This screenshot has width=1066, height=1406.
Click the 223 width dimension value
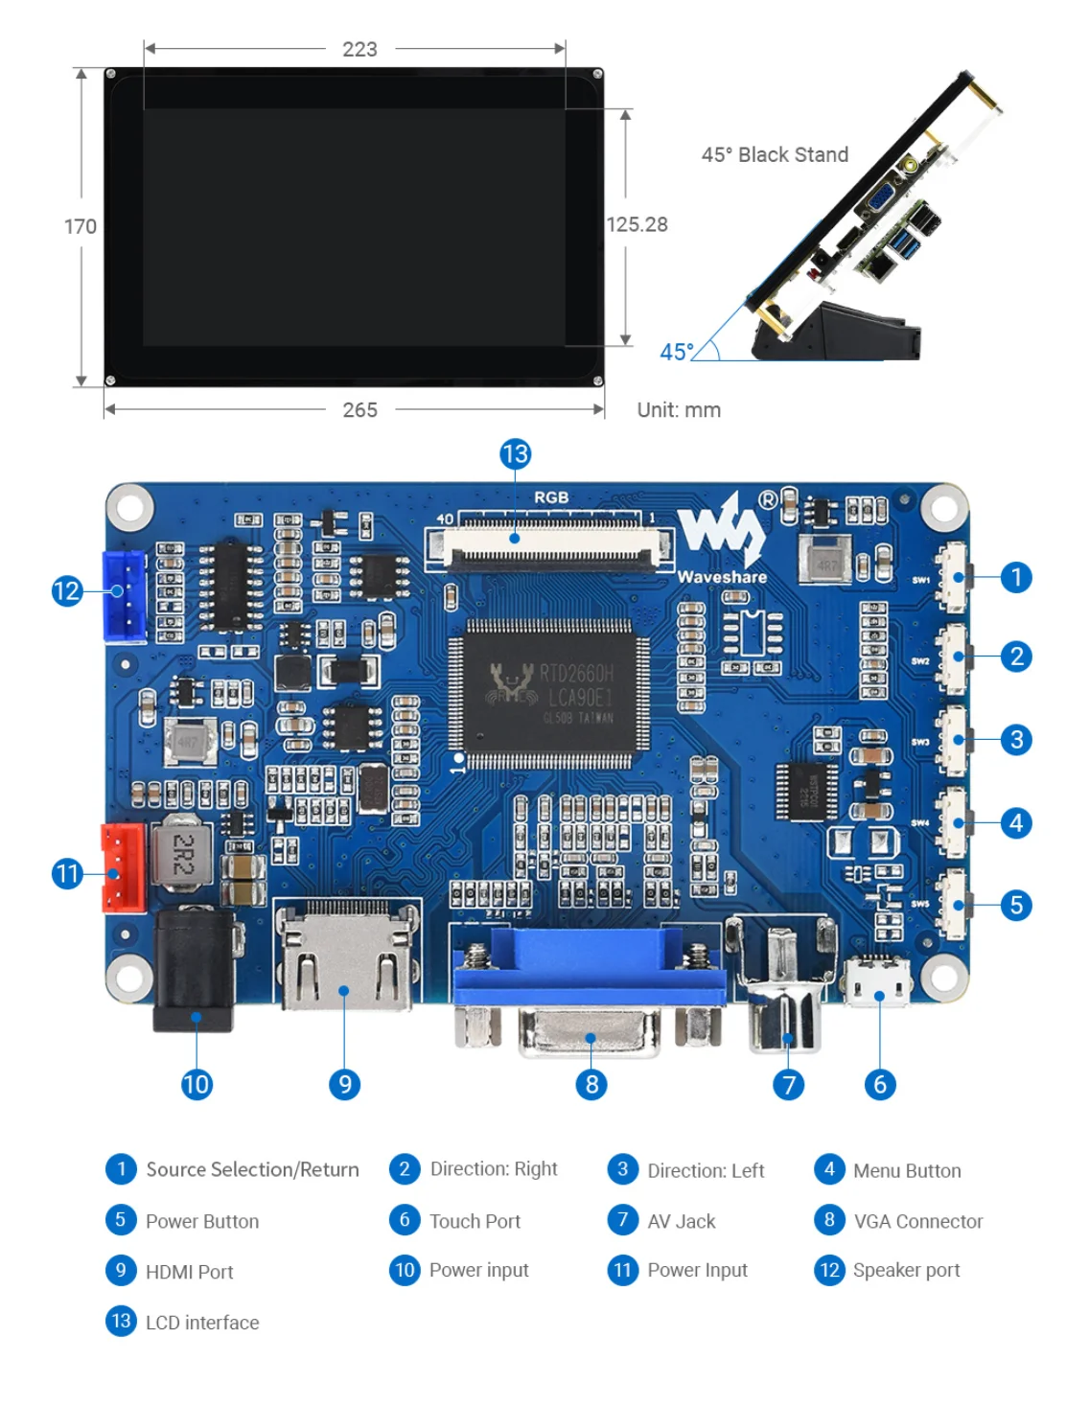tap(359, 49)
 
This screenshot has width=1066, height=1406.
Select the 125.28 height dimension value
tap(637, 224)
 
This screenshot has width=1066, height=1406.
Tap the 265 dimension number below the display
tap(359, 410)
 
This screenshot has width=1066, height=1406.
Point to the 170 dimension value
tap(81, 226)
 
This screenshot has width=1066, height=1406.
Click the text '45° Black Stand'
tap(775, 155)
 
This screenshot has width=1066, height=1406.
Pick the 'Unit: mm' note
tap(679, 410)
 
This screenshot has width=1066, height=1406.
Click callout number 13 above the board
tap(516, 454)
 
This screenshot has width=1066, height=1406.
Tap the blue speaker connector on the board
tap(124, 595)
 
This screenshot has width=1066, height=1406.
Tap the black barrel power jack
tap(194, 969)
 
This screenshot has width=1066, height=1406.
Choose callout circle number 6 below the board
tap(880, 1084)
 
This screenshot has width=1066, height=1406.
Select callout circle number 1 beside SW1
tap(1016, 578)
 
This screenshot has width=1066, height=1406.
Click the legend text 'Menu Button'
tap(907, 1170)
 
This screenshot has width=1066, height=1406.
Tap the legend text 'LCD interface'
tap(202, 1323)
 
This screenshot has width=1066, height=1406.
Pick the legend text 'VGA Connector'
tap(918, 1221)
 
